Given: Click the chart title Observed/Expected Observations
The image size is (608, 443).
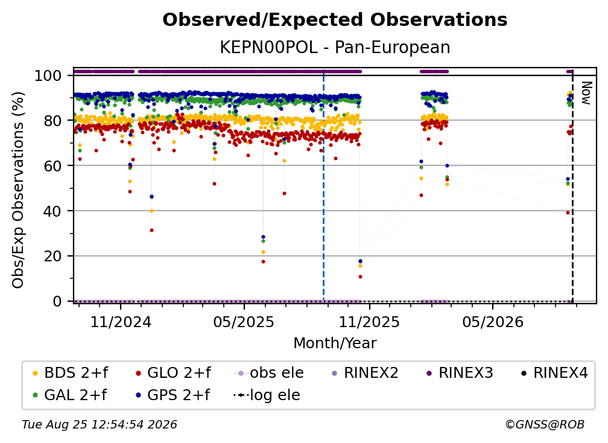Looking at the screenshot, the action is tap(335, 20).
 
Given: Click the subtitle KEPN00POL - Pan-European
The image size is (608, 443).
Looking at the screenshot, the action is tap(335, 48).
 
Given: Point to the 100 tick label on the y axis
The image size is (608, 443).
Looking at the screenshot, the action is tap(48, 75).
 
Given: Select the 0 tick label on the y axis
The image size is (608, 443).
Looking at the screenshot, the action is tap(57, 301).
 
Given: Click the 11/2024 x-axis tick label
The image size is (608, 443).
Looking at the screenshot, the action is tap(121, 322).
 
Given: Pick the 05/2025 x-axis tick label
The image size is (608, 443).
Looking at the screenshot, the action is tap(244, 322).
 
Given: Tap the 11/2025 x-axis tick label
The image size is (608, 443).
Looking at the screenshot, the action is tap(369, 322).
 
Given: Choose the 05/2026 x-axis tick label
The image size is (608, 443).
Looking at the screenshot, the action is tap(493, 322).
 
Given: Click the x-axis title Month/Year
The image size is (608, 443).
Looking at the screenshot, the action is tap(335, 343).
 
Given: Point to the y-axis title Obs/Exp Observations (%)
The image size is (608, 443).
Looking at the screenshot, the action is tap(18, 190).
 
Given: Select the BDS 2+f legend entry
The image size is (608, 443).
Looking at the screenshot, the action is tap(71, 373).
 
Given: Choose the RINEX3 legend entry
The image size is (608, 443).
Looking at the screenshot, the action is tap(460, 373).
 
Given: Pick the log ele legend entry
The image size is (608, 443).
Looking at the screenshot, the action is tap(267, 395).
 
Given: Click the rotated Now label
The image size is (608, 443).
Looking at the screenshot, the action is tap(586, 93).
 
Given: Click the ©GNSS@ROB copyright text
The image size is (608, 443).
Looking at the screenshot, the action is tap(545, 425).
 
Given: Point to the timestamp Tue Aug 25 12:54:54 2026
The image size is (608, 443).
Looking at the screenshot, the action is tap(100, 425).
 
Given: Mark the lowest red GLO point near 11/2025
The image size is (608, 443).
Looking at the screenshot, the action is tap(360, 277).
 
